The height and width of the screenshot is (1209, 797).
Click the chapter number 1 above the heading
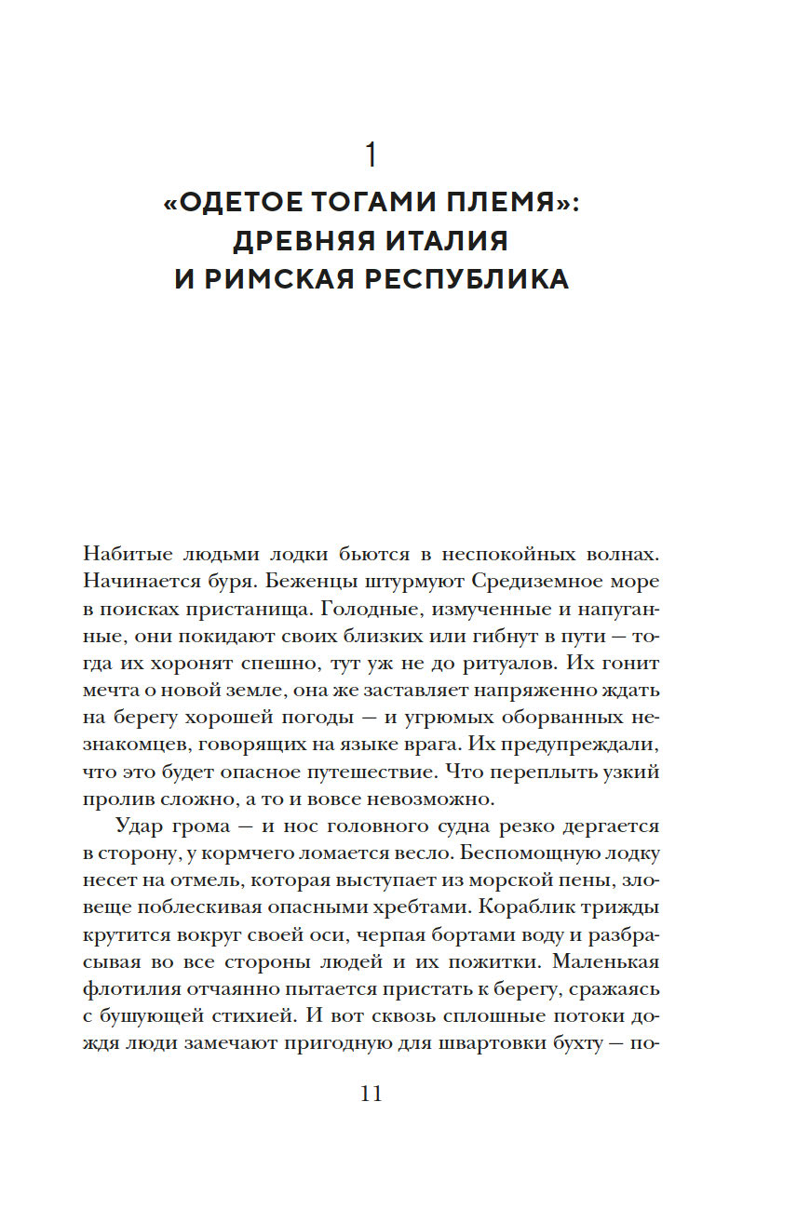tap(371, 154)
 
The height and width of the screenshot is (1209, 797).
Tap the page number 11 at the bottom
tap(371, 1094)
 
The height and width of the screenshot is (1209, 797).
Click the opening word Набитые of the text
tap(126, 552)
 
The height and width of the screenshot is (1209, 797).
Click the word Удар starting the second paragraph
tap(140, 826)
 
